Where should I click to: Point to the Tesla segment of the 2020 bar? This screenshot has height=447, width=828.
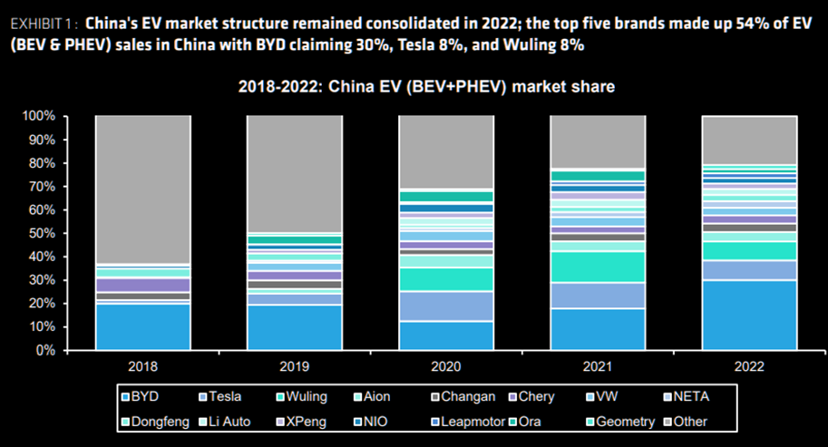[446, 306]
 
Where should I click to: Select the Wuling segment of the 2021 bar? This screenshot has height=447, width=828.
[599, 267]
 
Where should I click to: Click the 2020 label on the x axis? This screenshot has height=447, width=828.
[446, 366]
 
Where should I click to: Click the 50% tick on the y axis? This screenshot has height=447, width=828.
[42, 233]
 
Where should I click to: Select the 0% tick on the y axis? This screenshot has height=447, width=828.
[45, 350]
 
